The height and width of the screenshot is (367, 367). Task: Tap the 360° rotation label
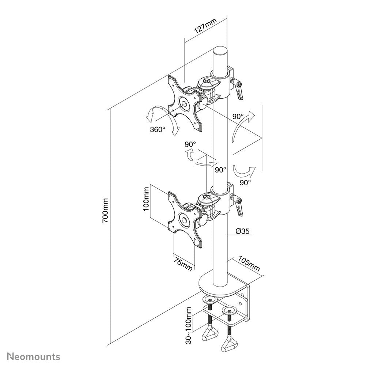157,129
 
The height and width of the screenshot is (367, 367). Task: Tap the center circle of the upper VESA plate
184,103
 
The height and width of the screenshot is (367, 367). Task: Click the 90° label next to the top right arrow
238,117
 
